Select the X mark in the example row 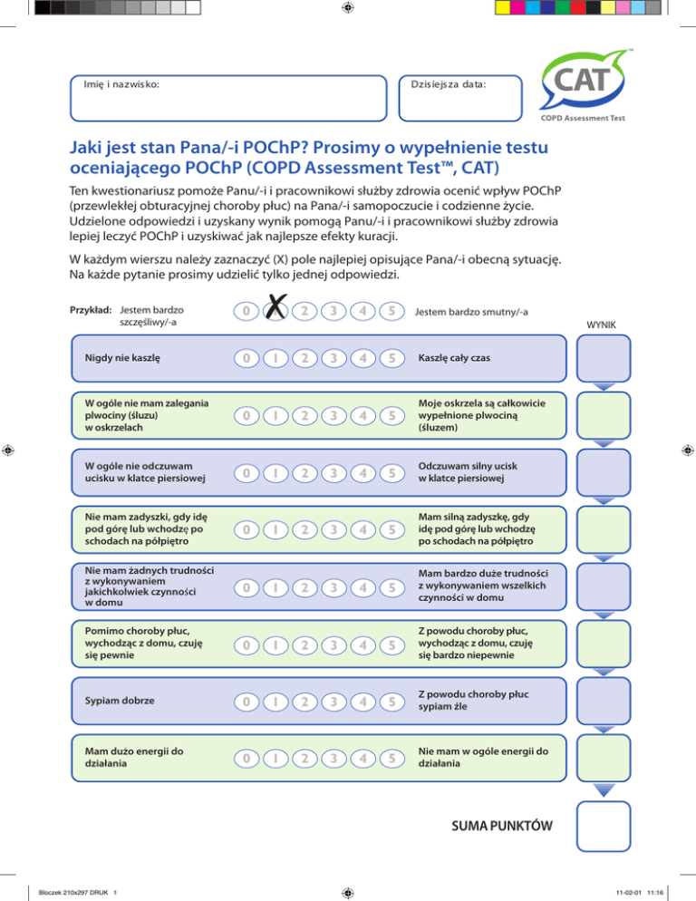(277, 311)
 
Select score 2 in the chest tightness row (305, 471)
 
